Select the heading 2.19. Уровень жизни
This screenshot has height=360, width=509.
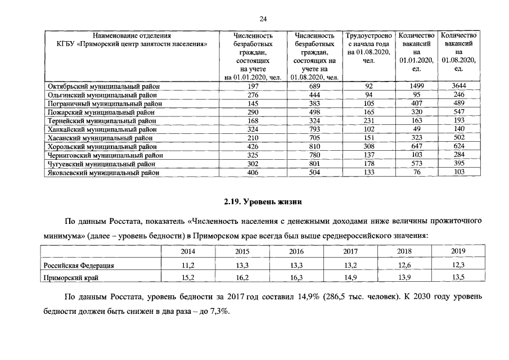coord(254,201)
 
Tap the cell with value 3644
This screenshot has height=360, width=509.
coord(459,86)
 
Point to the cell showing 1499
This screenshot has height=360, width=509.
coord(416,86)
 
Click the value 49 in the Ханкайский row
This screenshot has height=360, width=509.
coord(416,129)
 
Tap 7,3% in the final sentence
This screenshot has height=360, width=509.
coord(217,312)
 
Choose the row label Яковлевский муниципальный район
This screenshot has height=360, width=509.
coord(101,173)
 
